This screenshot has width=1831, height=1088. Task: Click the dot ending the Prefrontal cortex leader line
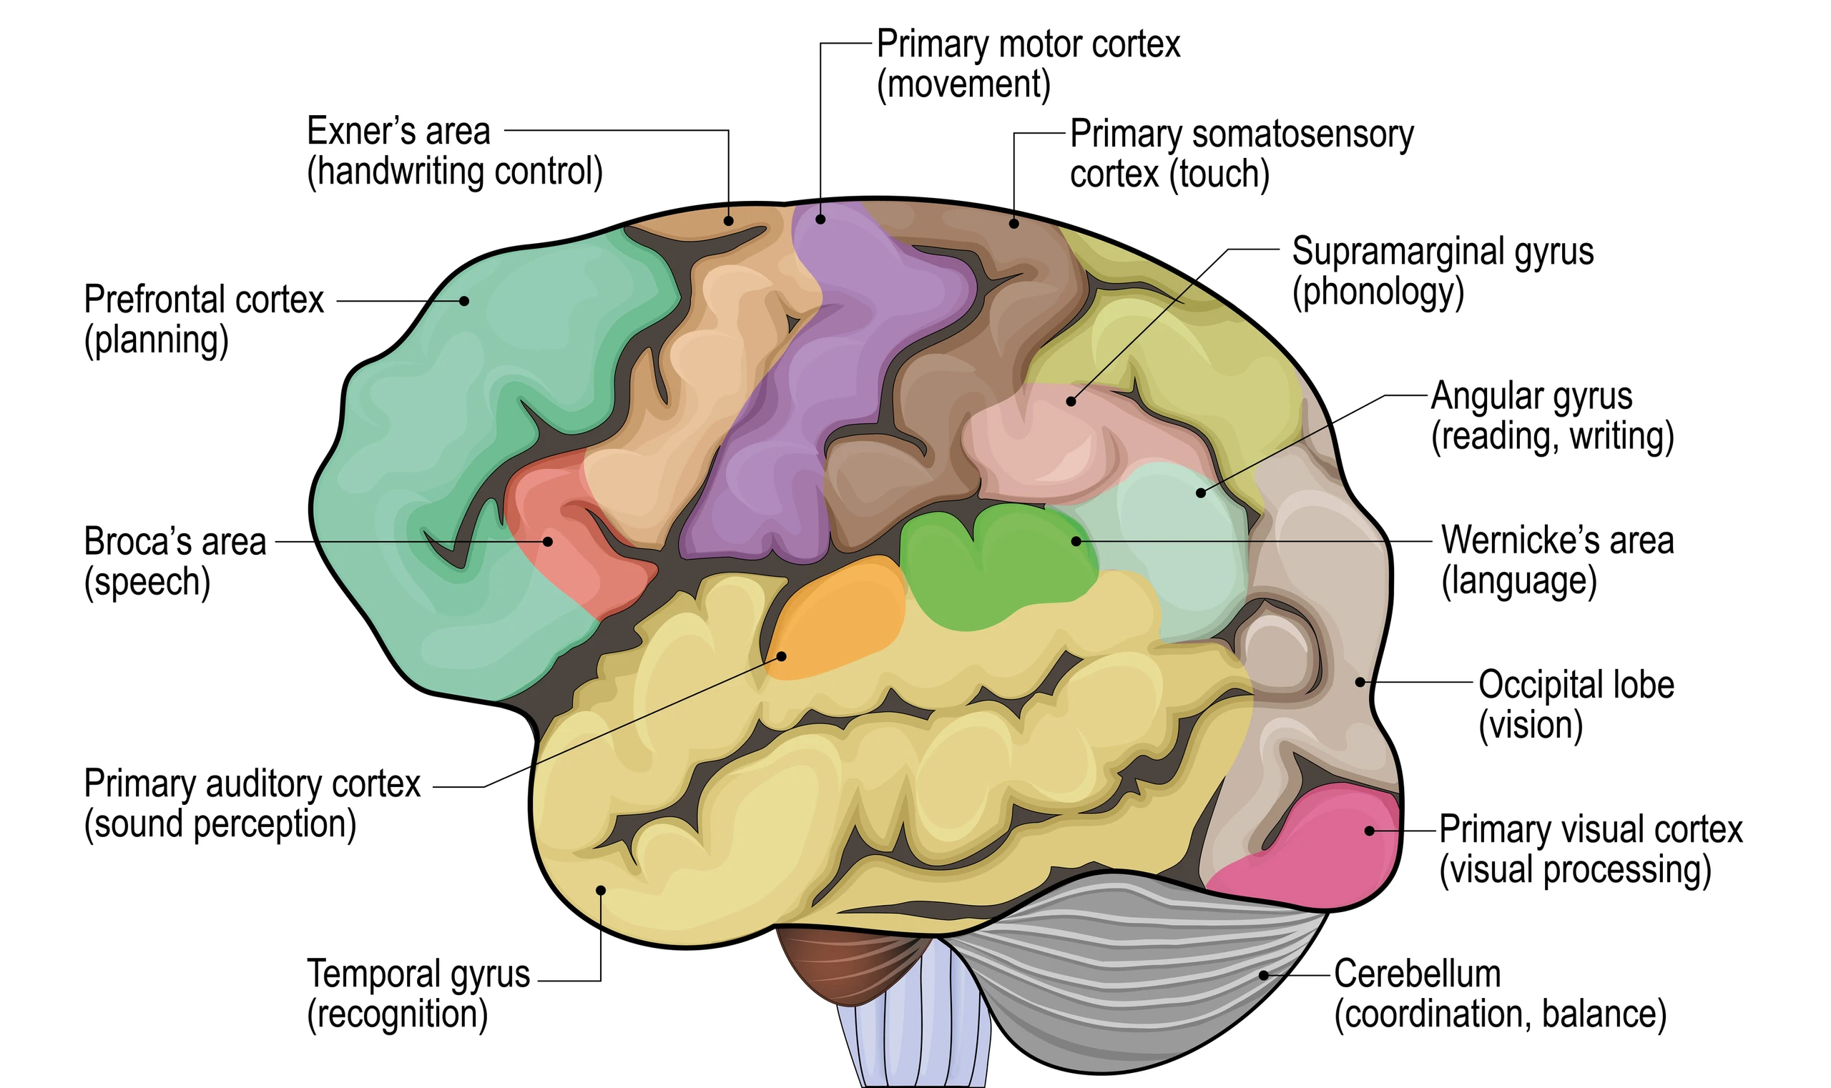coord(464,300)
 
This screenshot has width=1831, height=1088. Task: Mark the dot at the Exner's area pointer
coord(728,221)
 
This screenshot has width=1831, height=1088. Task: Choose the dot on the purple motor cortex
coord(820,219)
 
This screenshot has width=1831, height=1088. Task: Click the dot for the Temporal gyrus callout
coord(600,890)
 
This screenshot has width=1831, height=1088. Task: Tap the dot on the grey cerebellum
coord(1263,975)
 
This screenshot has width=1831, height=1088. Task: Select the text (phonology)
coord(1378,292)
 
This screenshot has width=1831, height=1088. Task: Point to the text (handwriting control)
coord(455,172)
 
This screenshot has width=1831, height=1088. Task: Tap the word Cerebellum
coord(1418,974)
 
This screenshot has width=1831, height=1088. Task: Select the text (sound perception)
coord(220,824)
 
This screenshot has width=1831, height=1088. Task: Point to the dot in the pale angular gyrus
coord(1201,493)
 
